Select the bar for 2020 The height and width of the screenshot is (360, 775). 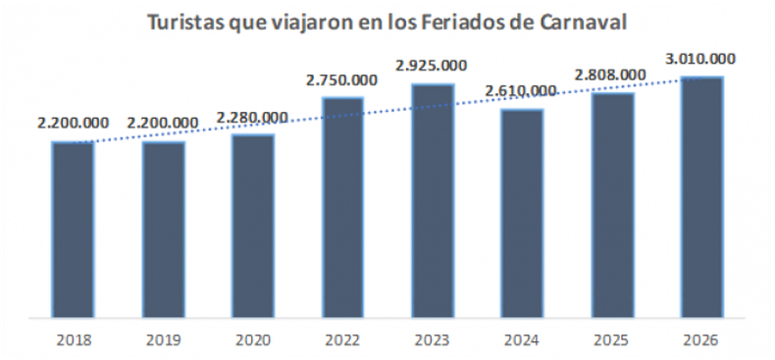click(x=253, y=225)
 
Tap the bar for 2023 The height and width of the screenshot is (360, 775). click(x=433, y=200)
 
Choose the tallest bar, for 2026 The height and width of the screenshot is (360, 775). click(x=702, y=196)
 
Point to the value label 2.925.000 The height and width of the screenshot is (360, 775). click(x=432, y=66)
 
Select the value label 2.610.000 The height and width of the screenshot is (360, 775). click(x=521, y=91)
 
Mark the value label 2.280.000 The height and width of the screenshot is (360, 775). click(x=252, y=118)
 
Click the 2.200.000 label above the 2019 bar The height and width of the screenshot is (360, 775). click(x=163, y=124)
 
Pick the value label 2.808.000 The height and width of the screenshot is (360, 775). click(x=610, y=75)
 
